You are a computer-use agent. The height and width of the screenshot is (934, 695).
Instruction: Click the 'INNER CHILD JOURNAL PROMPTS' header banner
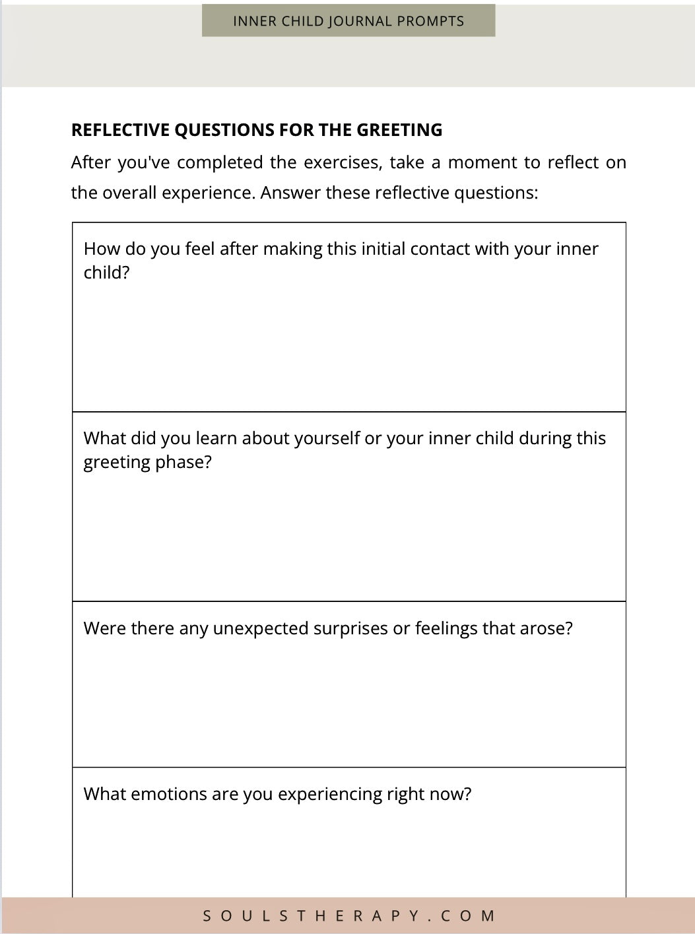(x=348, y=21)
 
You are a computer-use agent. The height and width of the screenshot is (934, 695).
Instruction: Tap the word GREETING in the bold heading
(x=399, y=130)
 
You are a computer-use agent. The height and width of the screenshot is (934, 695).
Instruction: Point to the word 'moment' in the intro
(x=484, y=162)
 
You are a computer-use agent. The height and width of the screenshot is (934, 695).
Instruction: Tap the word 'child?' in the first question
(x=107, y=273)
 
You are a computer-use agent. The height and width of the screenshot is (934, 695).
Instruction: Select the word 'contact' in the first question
(x=444, y=249)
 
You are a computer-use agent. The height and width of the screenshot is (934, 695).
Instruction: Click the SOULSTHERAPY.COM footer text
(x=348, y=916)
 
